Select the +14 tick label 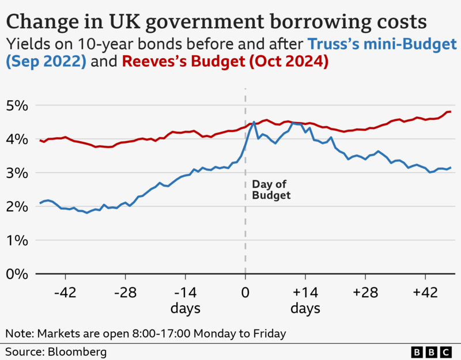point(305,293)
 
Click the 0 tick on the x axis point(245,293)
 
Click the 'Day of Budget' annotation point(271,190)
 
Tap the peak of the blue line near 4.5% point(254,122)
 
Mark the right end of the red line point(449,112)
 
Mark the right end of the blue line point(450,168)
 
